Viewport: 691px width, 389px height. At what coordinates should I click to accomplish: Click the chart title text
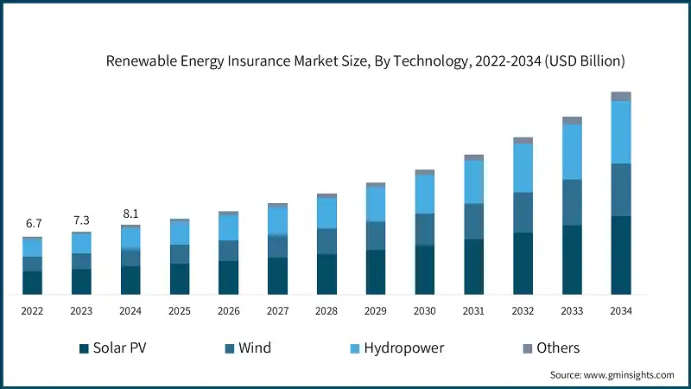tap(365, 61)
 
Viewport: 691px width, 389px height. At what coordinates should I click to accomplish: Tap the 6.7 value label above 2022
tap(32, 224)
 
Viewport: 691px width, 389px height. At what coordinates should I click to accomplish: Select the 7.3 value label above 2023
tap(81, 220)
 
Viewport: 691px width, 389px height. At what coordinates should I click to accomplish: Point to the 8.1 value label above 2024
tap(130, 213)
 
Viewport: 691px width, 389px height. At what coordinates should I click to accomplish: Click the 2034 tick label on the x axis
tap(620, 311)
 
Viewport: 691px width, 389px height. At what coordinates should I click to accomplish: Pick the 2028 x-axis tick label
tap(326, 311)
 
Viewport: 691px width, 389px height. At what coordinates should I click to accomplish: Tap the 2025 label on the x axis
tap(180, 311)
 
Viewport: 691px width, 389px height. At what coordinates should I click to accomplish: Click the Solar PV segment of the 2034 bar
tap(620, 255)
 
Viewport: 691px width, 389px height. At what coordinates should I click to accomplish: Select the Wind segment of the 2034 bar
tap(620, 189)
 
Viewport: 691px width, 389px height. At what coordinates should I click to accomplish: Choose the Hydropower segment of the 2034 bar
tap(620, 132)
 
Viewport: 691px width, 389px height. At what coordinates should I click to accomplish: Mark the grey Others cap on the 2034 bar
tap(620, 96)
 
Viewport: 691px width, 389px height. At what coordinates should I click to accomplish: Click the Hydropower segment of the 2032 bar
tap(523, 168)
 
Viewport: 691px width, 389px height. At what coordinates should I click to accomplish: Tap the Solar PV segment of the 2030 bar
tap(424, 270)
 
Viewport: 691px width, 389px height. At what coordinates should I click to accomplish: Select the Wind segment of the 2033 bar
tap(572, 202)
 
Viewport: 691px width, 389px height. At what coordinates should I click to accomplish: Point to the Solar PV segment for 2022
tap(32, 283)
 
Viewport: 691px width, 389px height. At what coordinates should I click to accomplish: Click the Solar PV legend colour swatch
tap(84, 348)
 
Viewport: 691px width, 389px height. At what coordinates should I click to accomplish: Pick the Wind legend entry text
tap(255, 348)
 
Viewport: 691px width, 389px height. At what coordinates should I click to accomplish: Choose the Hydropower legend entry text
tap(403, 348)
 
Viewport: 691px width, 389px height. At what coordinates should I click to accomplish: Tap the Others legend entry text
tap(557, 348)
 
